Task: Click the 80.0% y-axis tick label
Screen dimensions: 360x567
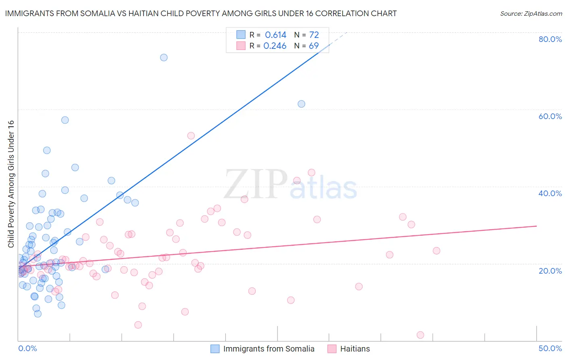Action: (550, 39)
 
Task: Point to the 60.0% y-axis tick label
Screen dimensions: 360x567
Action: (550, 116)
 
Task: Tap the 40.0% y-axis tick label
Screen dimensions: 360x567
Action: (550, 193)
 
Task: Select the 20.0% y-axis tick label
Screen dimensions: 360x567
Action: (550, 270)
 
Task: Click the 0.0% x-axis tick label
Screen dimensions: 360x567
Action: (27, 348)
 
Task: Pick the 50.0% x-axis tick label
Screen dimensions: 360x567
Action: (550, 348)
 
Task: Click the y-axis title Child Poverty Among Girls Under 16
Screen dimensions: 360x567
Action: (11, 184)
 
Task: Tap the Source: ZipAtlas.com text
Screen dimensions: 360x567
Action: (531, 13)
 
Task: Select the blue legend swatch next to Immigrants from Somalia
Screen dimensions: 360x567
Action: (215, 349)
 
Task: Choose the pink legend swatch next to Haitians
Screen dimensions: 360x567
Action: (332, 349)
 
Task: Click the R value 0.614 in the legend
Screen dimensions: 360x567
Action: (275, 35)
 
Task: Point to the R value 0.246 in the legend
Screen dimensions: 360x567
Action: (275, 46)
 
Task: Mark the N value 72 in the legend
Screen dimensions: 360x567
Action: (314, 35)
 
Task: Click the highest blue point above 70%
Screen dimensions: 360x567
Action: (164, 57)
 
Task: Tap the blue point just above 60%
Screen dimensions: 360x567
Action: (301, 104)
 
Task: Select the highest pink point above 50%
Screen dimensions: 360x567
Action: (191, 136)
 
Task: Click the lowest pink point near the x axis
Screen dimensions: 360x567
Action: (420, 335)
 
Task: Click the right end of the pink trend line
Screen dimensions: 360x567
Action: (536, 226)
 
